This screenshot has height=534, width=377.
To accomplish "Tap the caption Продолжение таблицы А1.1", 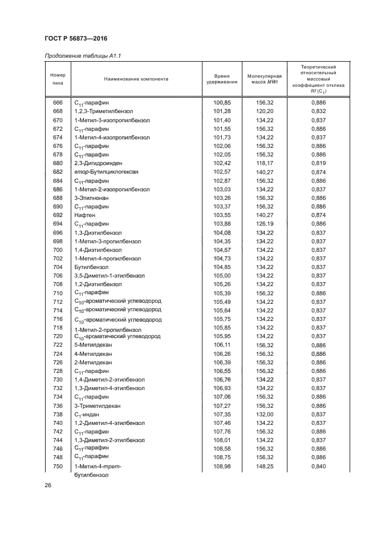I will (x=82, y=55).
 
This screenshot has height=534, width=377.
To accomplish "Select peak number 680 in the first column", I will (x=58, y=163).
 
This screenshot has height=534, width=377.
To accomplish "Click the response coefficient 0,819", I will (x=318, y=163).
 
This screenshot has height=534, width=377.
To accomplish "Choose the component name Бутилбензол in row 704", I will (x=90, y=267).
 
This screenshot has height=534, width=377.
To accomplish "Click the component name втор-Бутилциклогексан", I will (x=107, y=171).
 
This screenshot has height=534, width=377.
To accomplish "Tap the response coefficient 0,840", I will (x=318, y=466).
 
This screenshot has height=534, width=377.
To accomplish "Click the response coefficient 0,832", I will (x=318, y=111).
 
